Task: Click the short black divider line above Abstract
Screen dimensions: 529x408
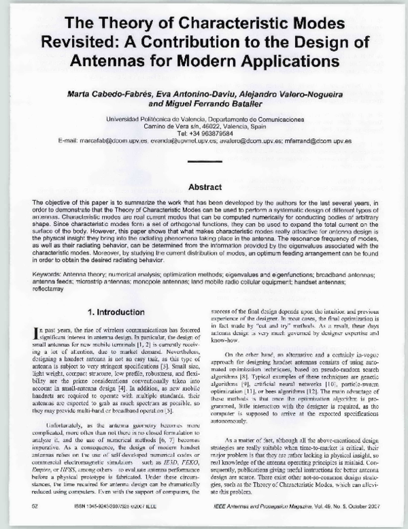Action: pyautogui.click(x=203, y=162)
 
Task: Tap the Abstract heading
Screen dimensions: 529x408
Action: pyautogui.click(x=204, y=187)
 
